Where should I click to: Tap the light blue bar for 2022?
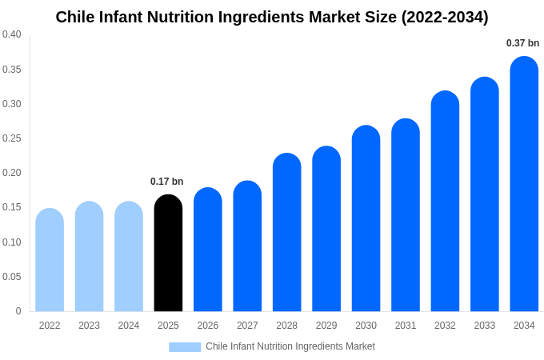point(50,260)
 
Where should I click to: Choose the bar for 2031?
point(406,215)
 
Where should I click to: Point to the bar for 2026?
point(208,250)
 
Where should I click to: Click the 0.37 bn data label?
point(522,43)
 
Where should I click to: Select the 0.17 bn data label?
point(167,182)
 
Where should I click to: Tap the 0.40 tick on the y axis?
point(12,34)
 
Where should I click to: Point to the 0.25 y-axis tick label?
point(12,138)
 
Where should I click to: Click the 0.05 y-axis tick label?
point(12,277)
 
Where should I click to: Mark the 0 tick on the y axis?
point(18,311)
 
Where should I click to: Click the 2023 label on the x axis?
point(89,326)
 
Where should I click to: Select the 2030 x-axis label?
point(366,326)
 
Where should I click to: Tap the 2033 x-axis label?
point(484,326)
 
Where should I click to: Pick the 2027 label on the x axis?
point(247,326)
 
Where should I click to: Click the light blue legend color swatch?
point(185,347)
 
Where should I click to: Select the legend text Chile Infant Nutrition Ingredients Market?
point(290,346)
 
